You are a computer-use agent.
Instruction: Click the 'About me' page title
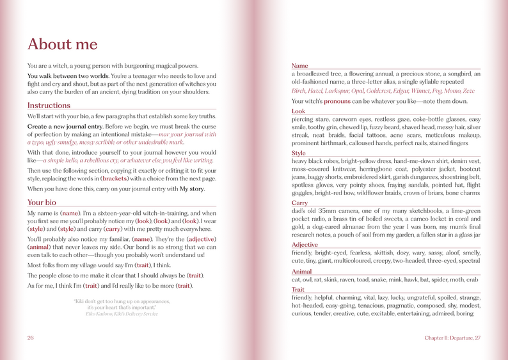tap(62, 44)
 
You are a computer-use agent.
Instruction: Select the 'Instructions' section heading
tap(49, 106)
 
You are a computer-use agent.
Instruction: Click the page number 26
tap(30, 338)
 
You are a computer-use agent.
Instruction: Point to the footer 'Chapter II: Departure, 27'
tap(452, 338)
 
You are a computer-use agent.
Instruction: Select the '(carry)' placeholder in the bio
tap(113, 228)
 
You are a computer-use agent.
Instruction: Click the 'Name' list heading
tap(299, 66)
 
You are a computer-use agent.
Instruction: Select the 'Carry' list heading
tap(300, 203)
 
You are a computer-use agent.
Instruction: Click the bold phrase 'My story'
tap(193, 189)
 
